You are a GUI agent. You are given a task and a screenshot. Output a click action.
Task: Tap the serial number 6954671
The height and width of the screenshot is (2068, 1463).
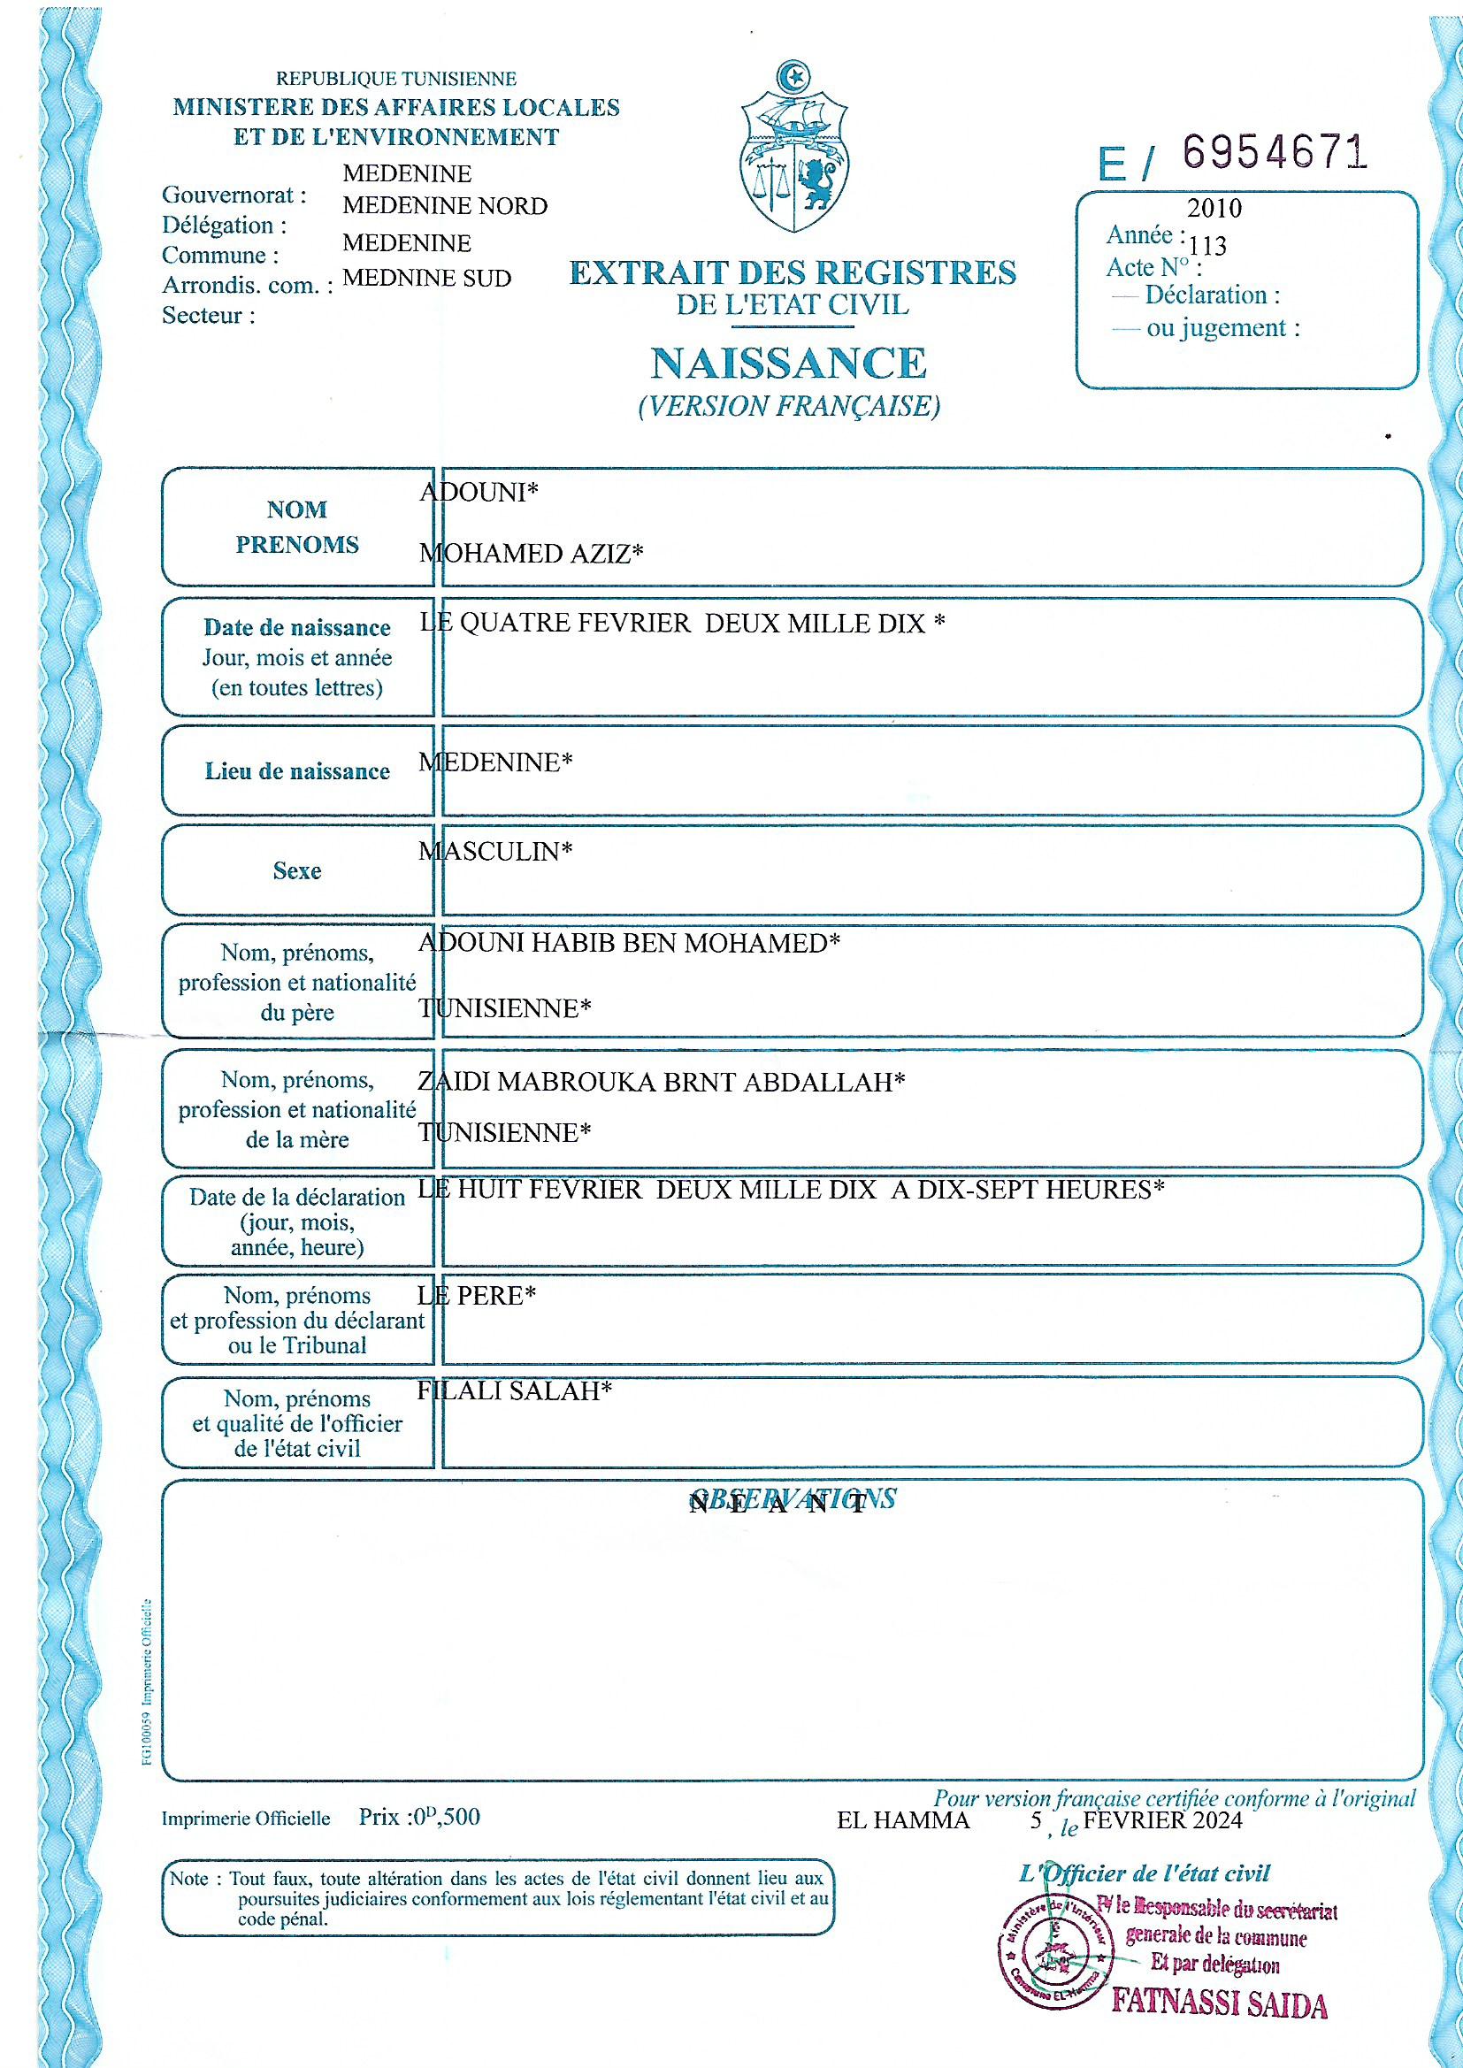pyautogui.click(x=1274, y=153)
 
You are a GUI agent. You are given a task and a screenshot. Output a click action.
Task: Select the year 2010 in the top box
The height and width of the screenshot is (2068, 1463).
pyautogui.click(x=1214, y=209)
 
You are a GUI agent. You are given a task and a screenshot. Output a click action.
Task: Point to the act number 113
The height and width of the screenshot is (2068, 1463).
pyautogui.click(x=1207, y=246)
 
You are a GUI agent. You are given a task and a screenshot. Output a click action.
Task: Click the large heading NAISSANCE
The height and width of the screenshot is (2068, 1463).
pyautogui.click(x=788, y=363)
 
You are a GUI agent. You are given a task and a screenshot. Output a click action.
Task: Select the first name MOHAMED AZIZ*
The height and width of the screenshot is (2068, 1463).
pyautogui.click(x=532, y=554)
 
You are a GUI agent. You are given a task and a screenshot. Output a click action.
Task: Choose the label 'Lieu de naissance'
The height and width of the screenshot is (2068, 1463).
pyautogui.click(x=297, y=772)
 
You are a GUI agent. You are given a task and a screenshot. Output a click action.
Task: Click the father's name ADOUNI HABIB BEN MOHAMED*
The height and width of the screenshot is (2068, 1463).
pyautogui.click(x=630, y=943)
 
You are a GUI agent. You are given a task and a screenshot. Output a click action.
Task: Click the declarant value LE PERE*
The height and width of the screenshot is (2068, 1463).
pyautogui.click(x=478, y=1295)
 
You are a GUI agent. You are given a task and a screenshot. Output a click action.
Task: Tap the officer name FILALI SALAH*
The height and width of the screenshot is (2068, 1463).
pyautogui.click(x=515, y=1390)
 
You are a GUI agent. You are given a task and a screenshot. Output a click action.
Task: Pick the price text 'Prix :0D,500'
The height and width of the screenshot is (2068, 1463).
pyautogui.click(x=419, y=1817)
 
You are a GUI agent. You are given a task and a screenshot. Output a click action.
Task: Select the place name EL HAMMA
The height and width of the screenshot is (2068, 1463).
pyautogui.click(x=903, y=1820)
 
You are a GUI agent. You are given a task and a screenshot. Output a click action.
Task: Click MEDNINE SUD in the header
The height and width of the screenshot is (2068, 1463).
pyautogui.click(x=427, y=279)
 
